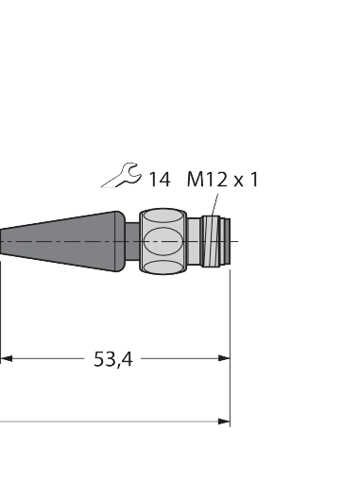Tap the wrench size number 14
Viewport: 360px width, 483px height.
click(x=159, y=178)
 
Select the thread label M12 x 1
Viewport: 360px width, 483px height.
click(x=221, y=178)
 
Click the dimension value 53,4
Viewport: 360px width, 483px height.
click(x=112, y=359)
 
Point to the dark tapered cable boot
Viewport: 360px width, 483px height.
click(x=66, y=238)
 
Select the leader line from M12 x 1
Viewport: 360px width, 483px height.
click(x=213, y=203)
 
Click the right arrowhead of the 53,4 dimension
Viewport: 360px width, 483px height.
click(x=224, y=358)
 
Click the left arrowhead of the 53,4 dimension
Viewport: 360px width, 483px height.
click(x=6, y=358)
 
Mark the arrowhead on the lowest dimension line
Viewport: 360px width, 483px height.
click(x=224, y=422)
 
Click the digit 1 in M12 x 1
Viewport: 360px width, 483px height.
click(x=254, y=178)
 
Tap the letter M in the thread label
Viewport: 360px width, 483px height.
click(x=194, y=178)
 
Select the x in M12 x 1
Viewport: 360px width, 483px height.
click(x=240, y=180)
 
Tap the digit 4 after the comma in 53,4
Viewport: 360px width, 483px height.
click(x=126, y=359)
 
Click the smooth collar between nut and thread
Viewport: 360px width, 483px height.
click(x=194, y=242)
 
